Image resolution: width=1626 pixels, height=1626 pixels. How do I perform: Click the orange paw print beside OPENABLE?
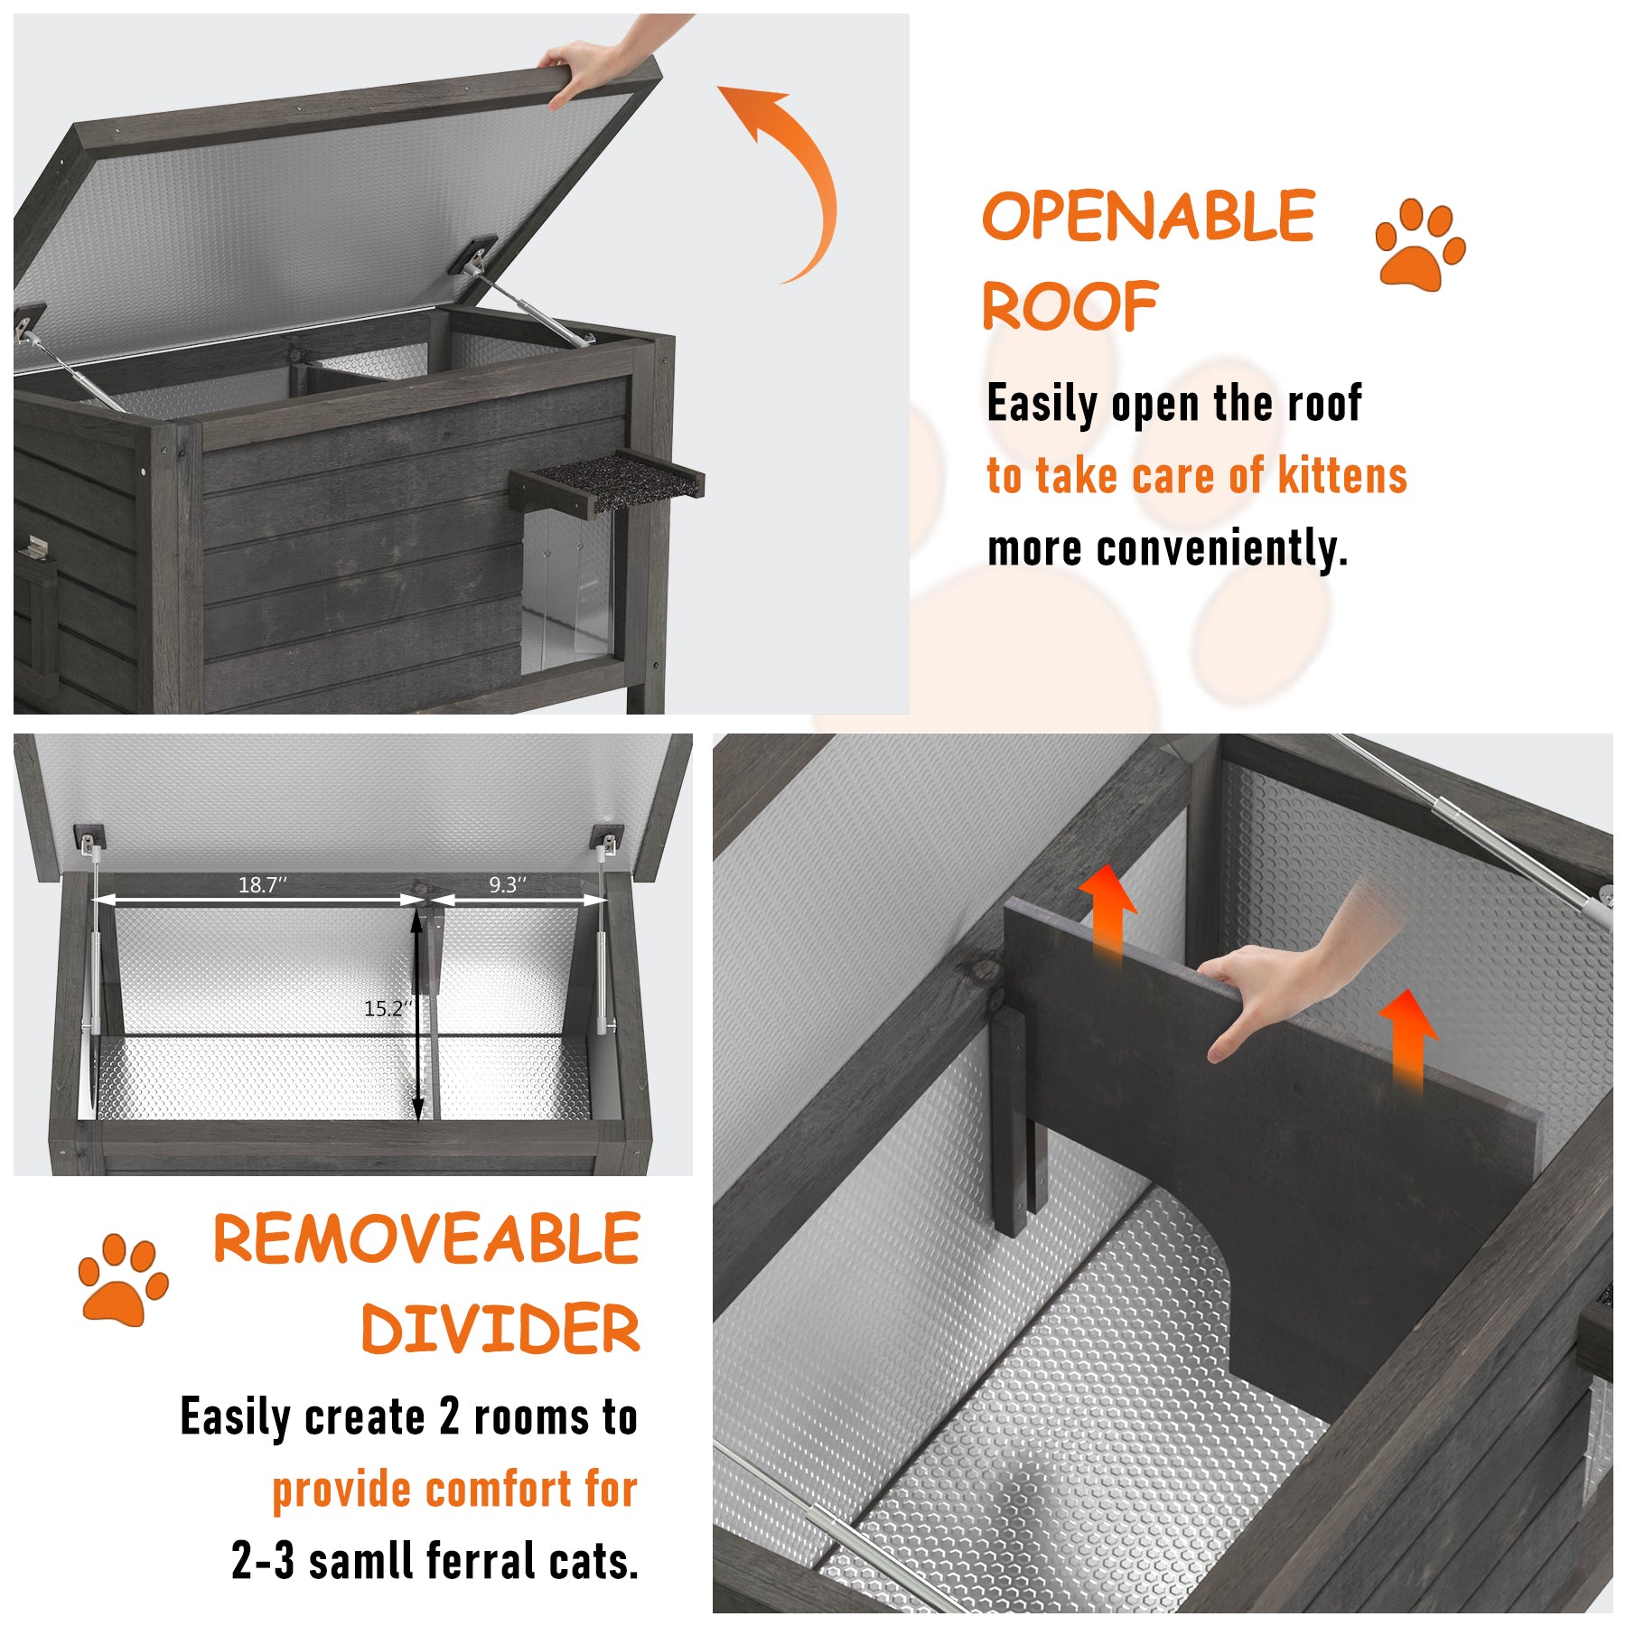(1420, 245)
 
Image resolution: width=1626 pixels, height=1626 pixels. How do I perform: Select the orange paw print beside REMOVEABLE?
(123, 1279)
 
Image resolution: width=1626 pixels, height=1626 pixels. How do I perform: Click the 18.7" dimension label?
(262, 884)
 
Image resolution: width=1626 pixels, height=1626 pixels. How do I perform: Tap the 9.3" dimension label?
(508, 884)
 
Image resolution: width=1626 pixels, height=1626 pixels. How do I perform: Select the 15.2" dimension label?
(388, 1008)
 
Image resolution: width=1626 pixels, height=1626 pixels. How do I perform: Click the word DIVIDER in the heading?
(500, 1329)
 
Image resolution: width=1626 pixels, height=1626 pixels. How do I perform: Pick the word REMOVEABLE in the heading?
(426, 1238)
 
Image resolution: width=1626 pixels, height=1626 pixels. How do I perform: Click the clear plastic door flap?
(567, 587)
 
